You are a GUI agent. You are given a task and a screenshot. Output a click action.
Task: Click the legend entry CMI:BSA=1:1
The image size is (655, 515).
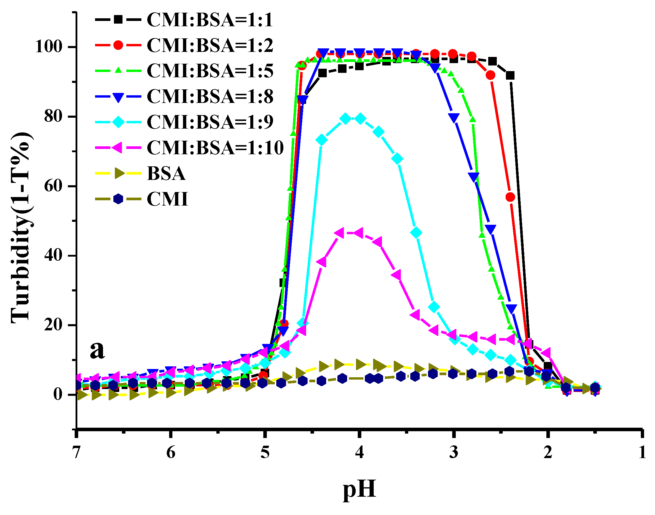[x=209, y=20]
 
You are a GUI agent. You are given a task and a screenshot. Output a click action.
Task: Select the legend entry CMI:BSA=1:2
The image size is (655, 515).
[x=209, y=45]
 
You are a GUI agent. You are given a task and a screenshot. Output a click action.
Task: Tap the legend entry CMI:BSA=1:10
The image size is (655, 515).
[x=215, y=148]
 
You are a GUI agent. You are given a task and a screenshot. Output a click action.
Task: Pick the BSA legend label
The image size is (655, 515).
[x=166, y=173]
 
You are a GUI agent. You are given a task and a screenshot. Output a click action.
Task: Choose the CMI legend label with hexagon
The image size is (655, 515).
[x=167, y=199]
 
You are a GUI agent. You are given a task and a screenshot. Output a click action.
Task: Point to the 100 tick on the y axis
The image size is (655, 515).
[x=49, y=47]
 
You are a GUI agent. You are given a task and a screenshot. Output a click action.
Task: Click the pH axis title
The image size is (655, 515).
[x=359, y=488]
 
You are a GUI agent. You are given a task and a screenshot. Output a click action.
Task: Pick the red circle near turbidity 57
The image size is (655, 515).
[x=510, y=197]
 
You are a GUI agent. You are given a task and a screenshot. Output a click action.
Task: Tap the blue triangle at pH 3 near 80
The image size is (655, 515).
[x=454, y=118]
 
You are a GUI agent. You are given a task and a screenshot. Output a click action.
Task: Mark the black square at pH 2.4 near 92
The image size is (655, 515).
[x=510, y=76]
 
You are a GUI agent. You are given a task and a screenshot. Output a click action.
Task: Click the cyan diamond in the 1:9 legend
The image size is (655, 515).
[x=118, y=122]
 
